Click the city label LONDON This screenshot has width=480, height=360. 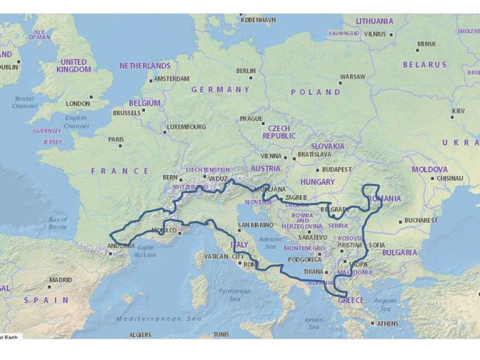[x=77, y=103]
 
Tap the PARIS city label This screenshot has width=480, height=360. [x=116, y=139]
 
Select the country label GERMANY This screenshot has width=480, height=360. [x=220, y=89]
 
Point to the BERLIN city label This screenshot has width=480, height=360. [x=246, y=71]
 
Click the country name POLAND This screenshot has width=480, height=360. [x=316, y=92]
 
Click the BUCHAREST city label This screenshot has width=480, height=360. [x=420, y=221]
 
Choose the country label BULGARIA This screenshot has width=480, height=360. [x=399, y=253]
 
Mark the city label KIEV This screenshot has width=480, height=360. [x=457, y=110]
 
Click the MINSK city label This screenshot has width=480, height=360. [x=426, y=44]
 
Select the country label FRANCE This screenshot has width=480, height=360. [x=120, y=171]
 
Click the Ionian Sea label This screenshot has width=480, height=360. [x=314, y=323]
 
